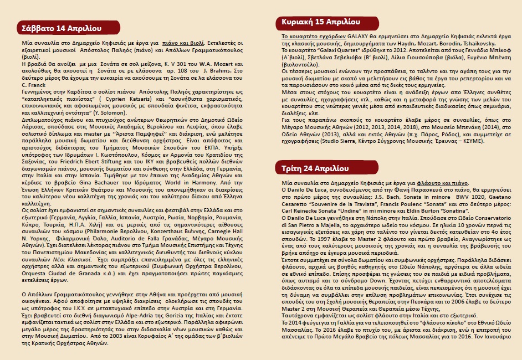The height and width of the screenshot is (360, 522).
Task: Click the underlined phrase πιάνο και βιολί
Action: (183, 43)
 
